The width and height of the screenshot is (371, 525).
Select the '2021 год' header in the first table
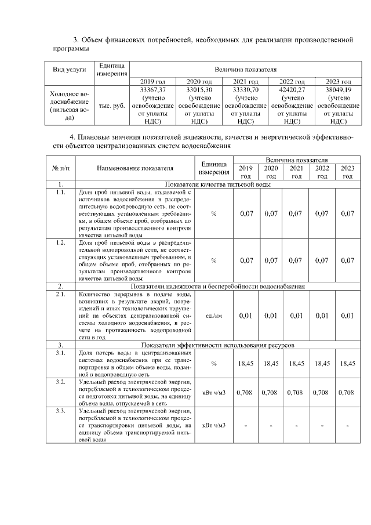245,82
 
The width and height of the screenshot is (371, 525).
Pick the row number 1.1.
60,191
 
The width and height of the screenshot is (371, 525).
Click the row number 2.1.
60,294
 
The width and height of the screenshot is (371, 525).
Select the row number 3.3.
60,411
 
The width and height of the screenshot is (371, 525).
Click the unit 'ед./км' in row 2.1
214,316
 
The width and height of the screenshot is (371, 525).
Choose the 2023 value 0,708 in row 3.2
346,393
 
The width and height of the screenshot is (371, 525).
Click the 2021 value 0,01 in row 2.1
296,316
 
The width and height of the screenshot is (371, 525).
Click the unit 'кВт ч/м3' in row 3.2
214,393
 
